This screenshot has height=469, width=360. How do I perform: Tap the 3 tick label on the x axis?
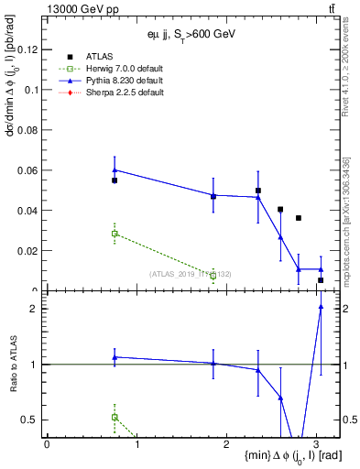pyautogui.click(x=315, y=444)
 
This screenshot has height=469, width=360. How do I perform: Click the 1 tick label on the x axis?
pyautogui.click(x=136, y=444)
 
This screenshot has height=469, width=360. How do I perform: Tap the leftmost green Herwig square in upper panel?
pyautogui.click(x=115, y=234)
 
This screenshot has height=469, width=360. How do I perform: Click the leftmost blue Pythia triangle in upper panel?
pyautogui.click(x=115, y=169)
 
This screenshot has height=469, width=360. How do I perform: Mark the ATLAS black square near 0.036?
pyautogui.click(x=299, y=218)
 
